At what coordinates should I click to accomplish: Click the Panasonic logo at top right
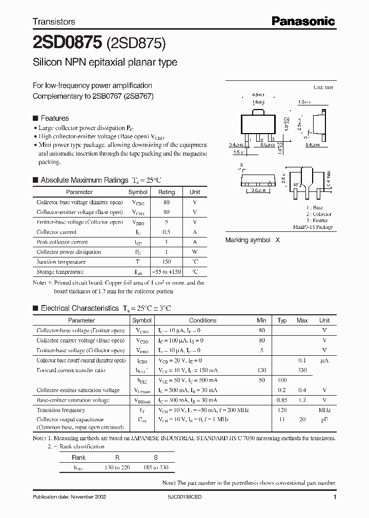click(303, 21)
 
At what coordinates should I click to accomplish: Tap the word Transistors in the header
click(54, 22)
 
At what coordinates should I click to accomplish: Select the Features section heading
click(54, 118)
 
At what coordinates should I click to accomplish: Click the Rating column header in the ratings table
click(166, 192)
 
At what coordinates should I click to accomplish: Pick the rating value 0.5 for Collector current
click(166, 232)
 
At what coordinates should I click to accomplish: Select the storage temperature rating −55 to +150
click(166, 272)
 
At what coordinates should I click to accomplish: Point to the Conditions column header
click(203, 320)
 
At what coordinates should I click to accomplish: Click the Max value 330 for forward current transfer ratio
click(302, 370)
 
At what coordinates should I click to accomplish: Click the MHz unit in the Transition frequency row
click(324, 410)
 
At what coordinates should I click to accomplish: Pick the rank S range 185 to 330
click(156, 467)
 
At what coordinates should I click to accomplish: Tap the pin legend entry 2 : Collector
click(319, 214)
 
